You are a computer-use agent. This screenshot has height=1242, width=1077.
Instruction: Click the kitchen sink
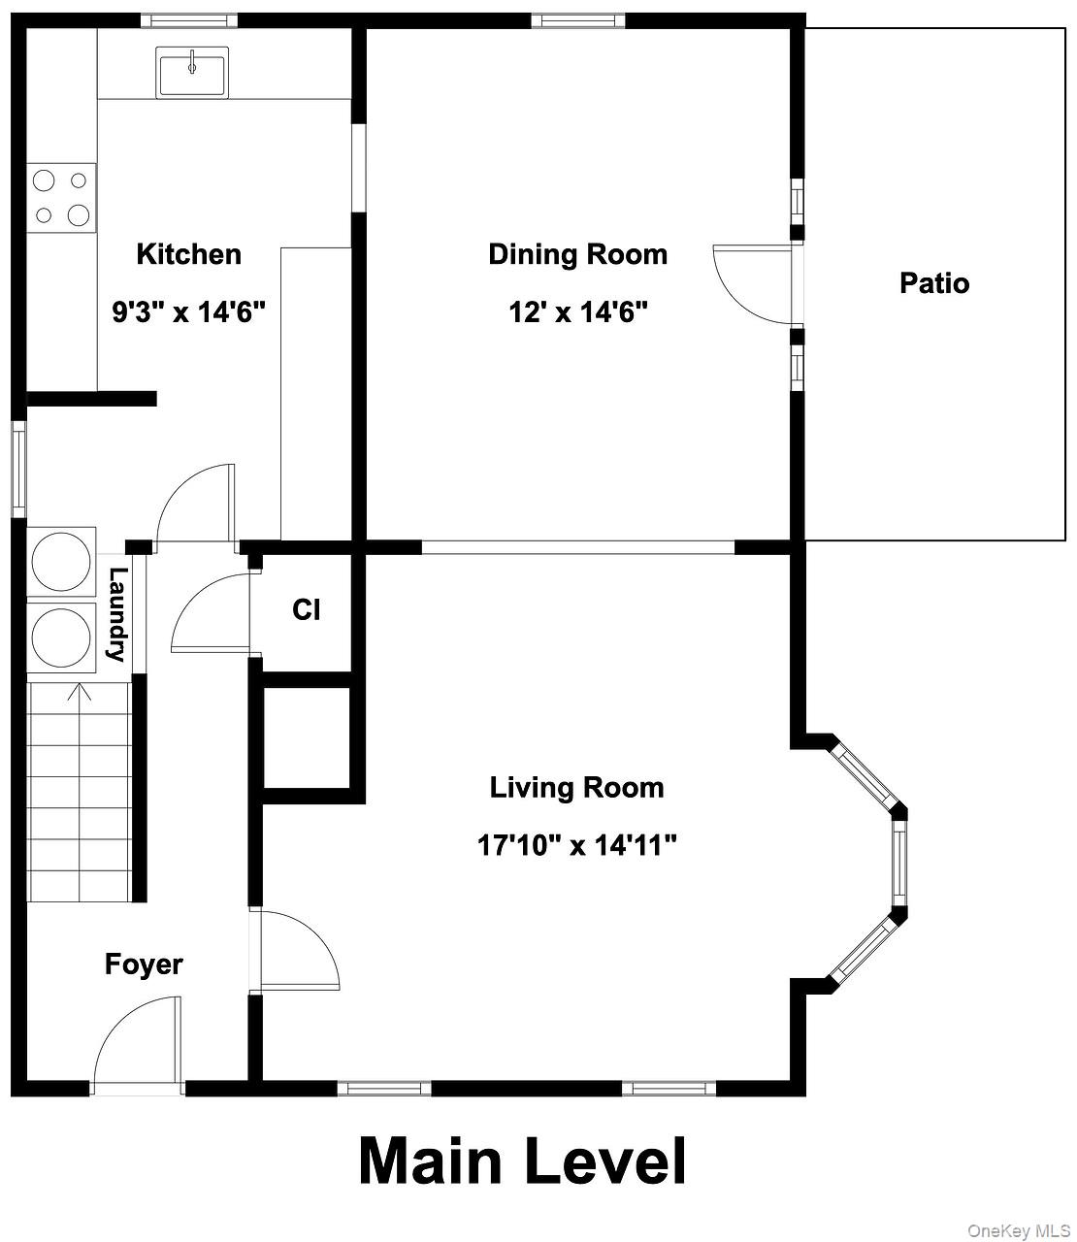[x=191, y=72]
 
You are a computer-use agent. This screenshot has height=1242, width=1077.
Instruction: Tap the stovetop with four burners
[x=61, y=197]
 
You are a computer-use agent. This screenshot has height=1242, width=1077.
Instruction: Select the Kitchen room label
[x=188, y=254]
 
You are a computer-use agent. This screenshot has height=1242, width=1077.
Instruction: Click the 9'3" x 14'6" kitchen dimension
[x=188, y=312]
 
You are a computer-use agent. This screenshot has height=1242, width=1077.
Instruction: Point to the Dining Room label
[x=577, y=254]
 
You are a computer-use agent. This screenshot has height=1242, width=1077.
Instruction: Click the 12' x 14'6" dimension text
[x=577, y=312]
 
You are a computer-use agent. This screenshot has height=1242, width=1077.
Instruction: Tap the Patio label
[x=933, y=283]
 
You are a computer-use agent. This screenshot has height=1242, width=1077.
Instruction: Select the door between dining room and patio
[x=752, y=283]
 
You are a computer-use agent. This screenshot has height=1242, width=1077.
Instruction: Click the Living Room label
[x=576, y=787]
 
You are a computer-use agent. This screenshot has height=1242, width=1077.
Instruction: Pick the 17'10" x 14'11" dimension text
[x=576, y=845]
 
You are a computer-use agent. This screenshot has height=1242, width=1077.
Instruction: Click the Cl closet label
[x=306, y=610]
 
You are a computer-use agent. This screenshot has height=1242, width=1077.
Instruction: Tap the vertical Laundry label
[x=117, y=614]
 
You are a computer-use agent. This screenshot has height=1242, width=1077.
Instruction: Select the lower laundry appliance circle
[x=61, y=637]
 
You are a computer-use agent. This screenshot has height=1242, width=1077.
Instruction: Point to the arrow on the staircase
[x=80, y=693]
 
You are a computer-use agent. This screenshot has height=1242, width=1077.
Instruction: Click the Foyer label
[x=144, y=964]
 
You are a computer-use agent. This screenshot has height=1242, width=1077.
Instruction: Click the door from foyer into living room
[x=296, y=951]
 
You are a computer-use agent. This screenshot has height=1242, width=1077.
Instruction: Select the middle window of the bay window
[x=898, y=861]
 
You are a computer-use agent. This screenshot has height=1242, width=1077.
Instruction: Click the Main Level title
[x=523, y=1161]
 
